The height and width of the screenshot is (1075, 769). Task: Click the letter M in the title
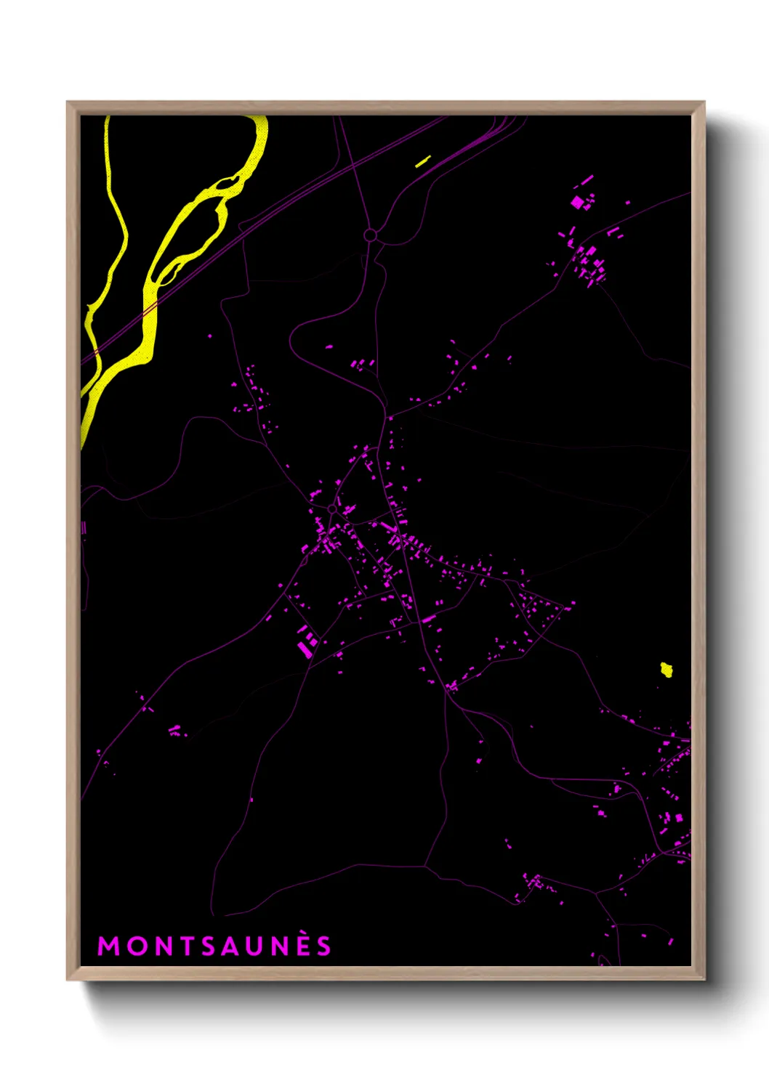[x=108, y=946]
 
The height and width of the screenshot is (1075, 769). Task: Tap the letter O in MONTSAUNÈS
[x=136, y=946]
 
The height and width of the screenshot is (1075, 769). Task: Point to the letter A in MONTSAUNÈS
[x=232, y=946]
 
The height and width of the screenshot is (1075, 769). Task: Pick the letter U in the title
[x=257, y=946]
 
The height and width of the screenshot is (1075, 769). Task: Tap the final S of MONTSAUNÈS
[x=324, y=946]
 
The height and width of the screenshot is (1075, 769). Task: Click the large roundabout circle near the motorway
[x=370, y=235]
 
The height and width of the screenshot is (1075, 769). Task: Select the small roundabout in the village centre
[x=332, y=509]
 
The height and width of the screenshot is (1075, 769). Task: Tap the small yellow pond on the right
[x=667, y=670]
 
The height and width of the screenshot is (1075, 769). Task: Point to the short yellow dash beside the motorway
[x=423, y=161]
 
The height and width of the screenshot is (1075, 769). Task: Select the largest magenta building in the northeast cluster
[x=578, y=203]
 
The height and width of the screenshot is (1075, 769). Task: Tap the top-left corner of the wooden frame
[x=68, y=102]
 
